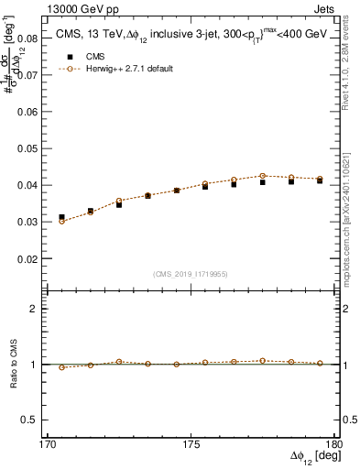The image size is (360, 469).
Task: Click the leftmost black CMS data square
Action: coord(62,217)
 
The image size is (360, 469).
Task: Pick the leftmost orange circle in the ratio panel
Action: coord(62,367)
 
